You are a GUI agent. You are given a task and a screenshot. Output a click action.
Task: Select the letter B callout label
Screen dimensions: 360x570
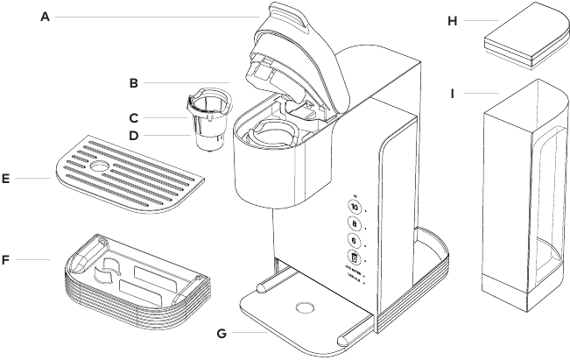(x=134, y=84)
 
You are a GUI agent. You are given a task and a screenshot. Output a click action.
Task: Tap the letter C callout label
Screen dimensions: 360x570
(x=134, y=116)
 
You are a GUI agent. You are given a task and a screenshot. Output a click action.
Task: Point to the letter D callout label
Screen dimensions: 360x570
(x=134, y=136)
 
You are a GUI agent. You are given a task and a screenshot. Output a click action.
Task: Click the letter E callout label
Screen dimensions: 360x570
(x=7, y=179)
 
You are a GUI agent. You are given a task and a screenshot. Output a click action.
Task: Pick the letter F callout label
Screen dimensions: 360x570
(x=7, y=259)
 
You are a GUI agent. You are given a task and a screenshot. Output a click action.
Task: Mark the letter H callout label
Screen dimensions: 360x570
(x=453, y=21)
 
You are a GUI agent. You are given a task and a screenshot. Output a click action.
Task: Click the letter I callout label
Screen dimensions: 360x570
(x=453, y=91)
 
